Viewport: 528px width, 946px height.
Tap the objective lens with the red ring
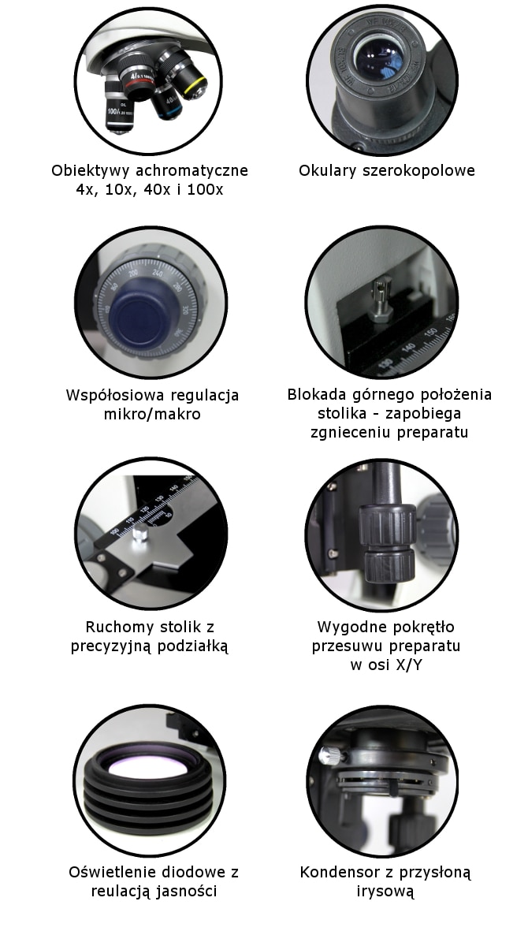coord(140,83)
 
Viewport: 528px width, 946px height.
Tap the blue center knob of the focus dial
coord(142,316)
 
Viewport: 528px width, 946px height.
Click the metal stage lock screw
coord(384,300)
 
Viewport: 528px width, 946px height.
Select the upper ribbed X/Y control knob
coord(387,525)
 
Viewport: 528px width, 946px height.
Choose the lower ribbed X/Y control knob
coord(389,564)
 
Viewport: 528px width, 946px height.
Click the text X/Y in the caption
coord(407,665)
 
